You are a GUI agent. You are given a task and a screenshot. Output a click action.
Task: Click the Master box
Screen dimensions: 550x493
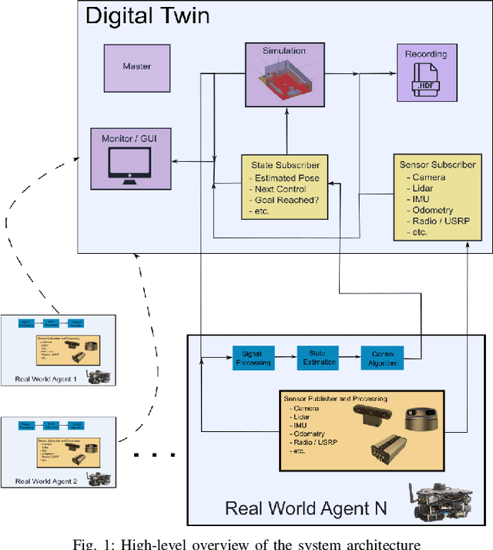[137, 67]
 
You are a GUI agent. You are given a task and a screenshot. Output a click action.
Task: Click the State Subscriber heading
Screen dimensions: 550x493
[286, 165]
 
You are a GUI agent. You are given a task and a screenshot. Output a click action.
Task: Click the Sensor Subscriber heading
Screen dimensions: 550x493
[437, 164]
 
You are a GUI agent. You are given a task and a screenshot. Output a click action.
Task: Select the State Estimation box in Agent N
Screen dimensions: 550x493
[319, 357]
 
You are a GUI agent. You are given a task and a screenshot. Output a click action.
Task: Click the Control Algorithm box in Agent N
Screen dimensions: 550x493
[383, 357]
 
